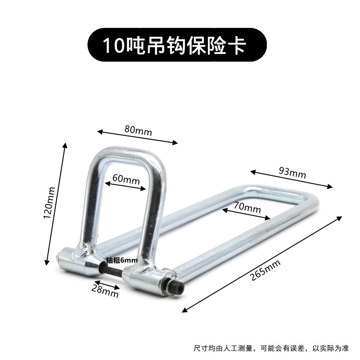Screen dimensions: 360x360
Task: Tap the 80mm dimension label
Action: tap(138, 130)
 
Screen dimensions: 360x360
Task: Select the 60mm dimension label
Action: tap(126, 179)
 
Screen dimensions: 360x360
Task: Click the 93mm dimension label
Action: tap(292, 172)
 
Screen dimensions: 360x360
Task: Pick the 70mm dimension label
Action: tap(247, 208)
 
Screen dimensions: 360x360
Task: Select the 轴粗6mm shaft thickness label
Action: tap(121, 260)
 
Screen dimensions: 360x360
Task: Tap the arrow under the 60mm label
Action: tap(126, 185)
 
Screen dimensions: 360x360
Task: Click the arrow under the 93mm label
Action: tap(292, 179)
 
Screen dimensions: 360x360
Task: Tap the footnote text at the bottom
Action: tap(270, 348)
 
